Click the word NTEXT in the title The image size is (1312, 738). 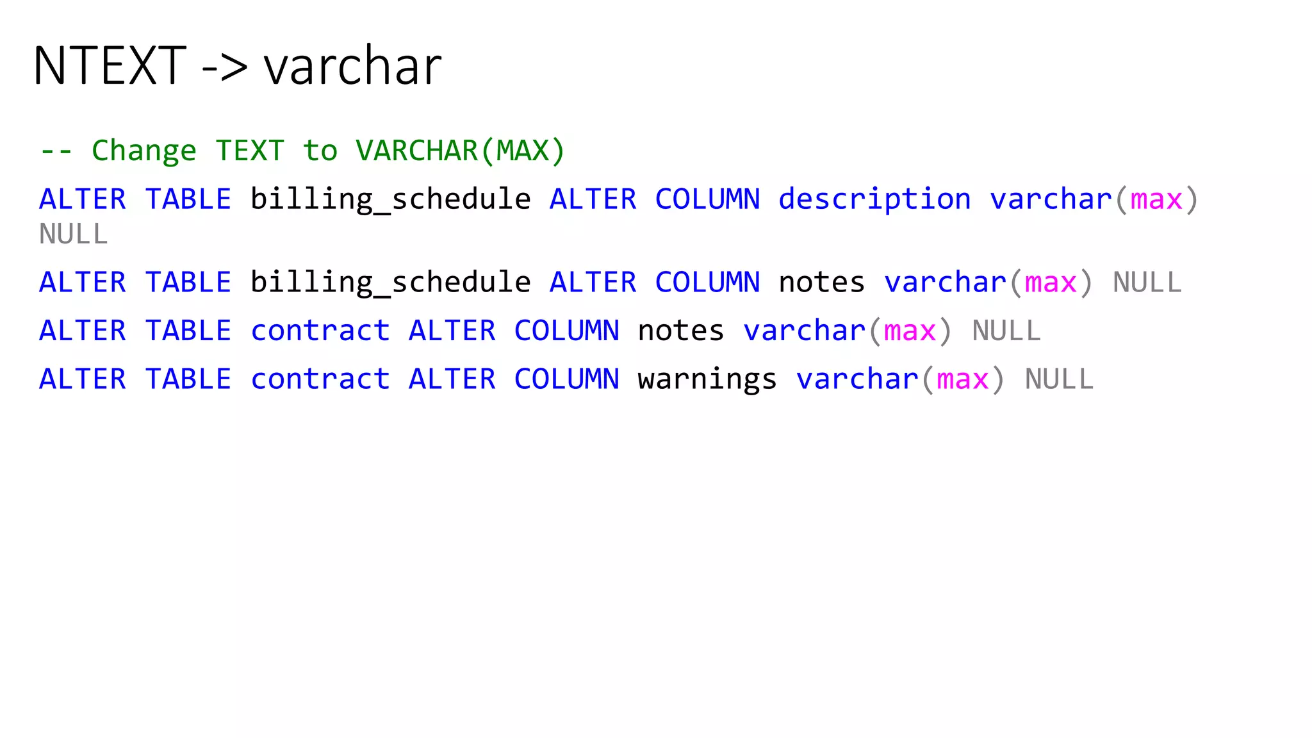click(110, 66)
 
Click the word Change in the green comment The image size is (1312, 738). click(143, 151)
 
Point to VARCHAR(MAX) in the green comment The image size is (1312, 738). click(460, 151)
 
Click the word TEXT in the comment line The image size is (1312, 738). click(250, 151)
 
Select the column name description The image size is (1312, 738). click(874, 199)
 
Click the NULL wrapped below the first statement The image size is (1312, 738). click(74, 234)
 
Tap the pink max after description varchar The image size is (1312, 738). click(1156, 199)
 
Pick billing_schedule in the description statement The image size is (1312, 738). click(390, 199)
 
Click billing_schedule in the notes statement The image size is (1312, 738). click(390, 283)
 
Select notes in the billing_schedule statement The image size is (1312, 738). click(821, 283)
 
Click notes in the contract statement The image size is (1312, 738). click(680, 331)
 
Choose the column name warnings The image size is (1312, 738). click(707, 379)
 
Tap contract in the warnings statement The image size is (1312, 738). click(320, 379)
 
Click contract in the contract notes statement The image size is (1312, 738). click(320, 331)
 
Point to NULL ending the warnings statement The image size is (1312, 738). click(1059, 379)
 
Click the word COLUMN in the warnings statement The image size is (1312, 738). click(566, 379)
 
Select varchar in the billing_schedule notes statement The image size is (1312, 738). click(945, 283)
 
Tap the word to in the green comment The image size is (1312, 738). click(320, 151)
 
